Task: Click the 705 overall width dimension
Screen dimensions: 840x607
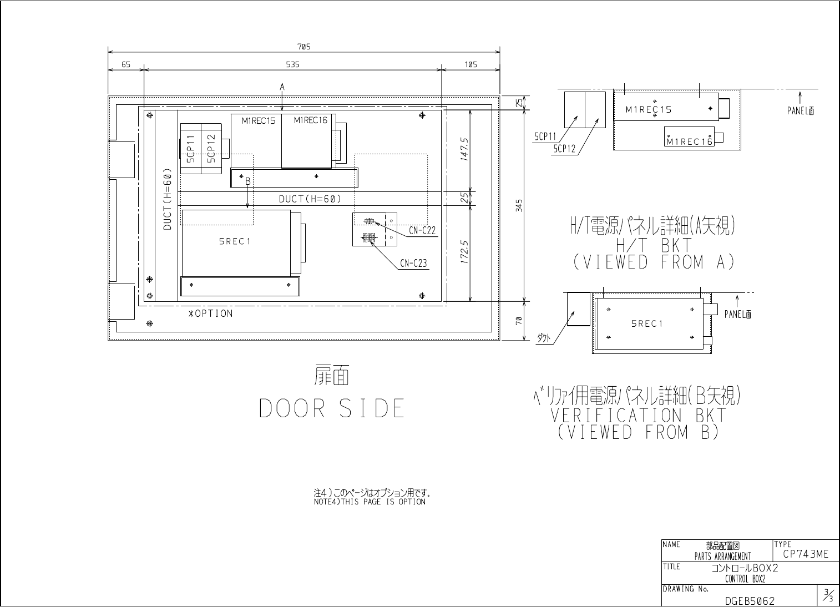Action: pos(303,47)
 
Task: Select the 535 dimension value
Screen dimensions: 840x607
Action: pos(292,64)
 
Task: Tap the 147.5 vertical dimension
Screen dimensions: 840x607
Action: pos(464,149)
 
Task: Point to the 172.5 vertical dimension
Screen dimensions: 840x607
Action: pos(464,252)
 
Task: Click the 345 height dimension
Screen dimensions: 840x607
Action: pos(519,205)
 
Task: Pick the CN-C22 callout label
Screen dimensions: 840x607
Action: pos(422,231)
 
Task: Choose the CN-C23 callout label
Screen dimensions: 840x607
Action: pos(414,263)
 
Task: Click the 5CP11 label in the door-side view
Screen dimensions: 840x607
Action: pos(191,149)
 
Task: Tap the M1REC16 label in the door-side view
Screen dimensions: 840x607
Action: pos(311,120)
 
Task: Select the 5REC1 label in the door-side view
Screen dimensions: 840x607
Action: pos(235,242)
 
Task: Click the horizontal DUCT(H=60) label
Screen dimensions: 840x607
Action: pos(310,199)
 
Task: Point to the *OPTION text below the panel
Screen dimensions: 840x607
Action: pos(210,313)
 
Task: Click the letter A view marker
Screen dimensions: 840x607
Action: pos(282,87)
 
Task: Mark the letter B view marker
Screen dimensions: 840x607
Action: pos(247,181)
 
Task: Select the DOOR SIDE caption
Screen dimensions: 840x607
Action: pos(332,408)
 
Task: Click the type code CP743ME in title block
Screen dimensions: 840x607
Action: pos(806,554)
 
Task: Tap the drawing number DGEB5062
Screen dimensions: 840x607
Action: pos(750,601)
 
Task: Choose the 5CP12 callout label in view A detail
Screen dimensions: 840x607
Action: pos(564,149)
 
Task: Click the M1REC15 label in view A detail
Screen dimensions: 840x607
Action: pos(649,110)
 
